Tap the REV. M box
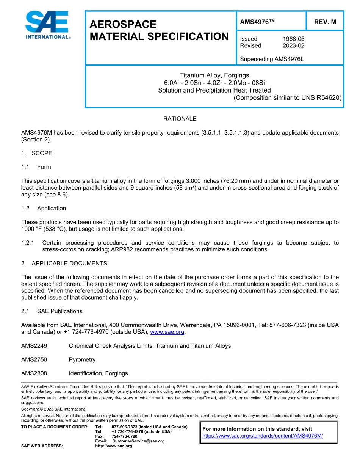point(325,22)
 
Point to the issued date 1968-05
point(293,39)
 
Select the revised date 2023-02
point(293,45)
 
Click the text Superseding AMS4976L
point(272,59)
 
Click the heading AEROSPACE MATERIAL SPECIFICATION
point(159,30)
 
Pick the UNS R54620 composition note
point(288,97)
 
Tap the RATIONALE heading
point(180,119)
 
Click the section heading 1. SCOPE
point(37,153)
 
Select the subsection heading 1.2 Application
point(44,208)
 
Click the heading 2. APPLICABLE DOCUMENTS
point(64,263)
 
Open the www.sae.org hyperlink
point(167,332)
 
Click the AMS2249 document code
point(34,346)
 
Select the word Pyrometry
point(82,359)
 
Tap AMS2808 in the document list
point(34,373)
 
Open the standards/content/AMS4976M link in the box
point(263,436)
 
